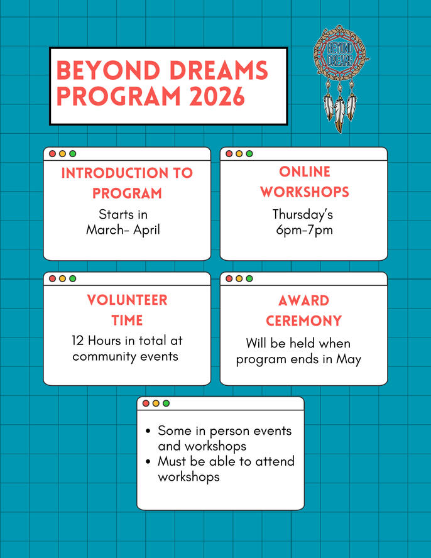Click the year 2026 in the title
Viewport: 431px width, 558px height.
click(217, 96)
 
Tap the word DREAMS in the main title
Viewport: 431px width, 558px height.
click(219, 70)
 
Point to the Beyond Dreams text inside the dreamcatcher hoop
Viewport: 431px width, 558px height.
click(340, 54)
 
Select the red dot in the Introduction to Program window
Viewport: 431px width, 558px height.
click(52, 154)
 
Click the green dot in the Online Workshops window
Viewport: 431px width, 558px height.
click(249, 154)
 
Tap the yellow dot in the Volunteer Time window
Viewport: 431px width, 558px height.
click(62, 278)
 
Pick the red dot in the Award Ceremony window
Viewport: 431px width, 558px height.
click(229, 278)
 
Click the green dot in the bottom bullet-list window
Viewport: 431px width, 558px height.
click(166, 403)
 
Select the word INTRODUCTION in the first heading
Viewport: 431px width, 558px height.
click(114, 173)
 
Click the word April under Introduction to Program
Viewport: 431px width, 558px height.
click(146, 230)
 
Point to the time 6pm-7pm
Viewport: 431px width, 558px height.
click(304, 230)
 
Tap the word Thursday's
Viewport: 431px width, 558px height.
click(303, 214)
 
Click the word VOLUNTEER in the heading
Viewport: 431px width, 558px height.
click(127, 300)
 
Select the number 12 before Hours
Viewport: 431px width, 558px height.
click(77, 341)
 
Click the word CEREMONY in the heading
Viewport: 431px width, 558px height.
click(304, 320)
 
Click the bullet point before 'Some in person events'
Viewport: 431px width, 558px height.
click(148, 431)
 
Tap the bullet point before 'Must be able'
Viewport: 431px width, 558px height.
click(148, 462)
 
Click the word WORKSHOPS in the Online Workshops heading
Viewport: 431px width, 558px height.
click(305, 192)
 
